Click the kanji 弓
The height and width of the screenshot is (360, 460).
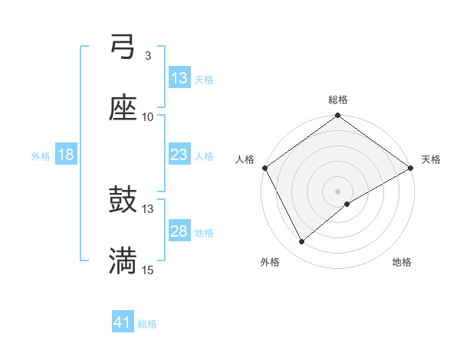pos(123,47)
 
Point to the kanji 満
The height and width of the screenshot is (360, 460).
pos(123,261)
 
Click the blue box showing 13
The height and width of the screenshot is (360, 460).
pos(179,78)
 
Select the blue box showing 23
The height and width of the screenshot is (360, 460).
pos(179,155)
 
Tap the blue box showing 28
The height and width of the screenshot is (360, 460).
pos(179,231)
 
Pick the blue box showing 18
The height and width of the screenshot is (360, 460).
pos(66,155)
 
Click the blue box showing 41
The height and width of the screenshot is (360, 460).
pos(123,322)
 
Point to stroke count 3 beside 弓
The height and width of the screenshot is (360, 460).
pos(147,56)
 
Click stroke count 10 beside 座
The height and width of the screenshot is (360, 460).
pos(148,117)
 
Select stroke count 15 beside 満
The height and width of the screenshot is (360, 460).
pos(148,270)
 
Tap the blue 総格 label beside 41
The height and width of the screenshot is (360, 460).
pos(147,324)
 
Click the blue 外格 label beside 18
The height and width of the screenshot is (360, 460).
pos(41,155)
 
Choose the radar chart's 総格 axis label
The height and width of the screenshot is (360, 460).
pos(338,100)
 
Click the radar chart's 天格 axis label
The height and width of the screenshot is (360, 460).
pos(431,159)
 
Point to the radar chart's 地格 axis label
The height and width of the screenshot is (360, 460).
pos(402,263)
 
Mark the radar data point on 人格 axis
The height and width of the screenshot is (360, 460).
pos(264,168)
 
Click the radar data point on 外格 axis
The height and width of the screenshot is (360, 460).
pos(302,242)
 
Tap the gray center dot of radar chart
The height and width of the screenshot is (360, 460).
pos(338,191)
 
